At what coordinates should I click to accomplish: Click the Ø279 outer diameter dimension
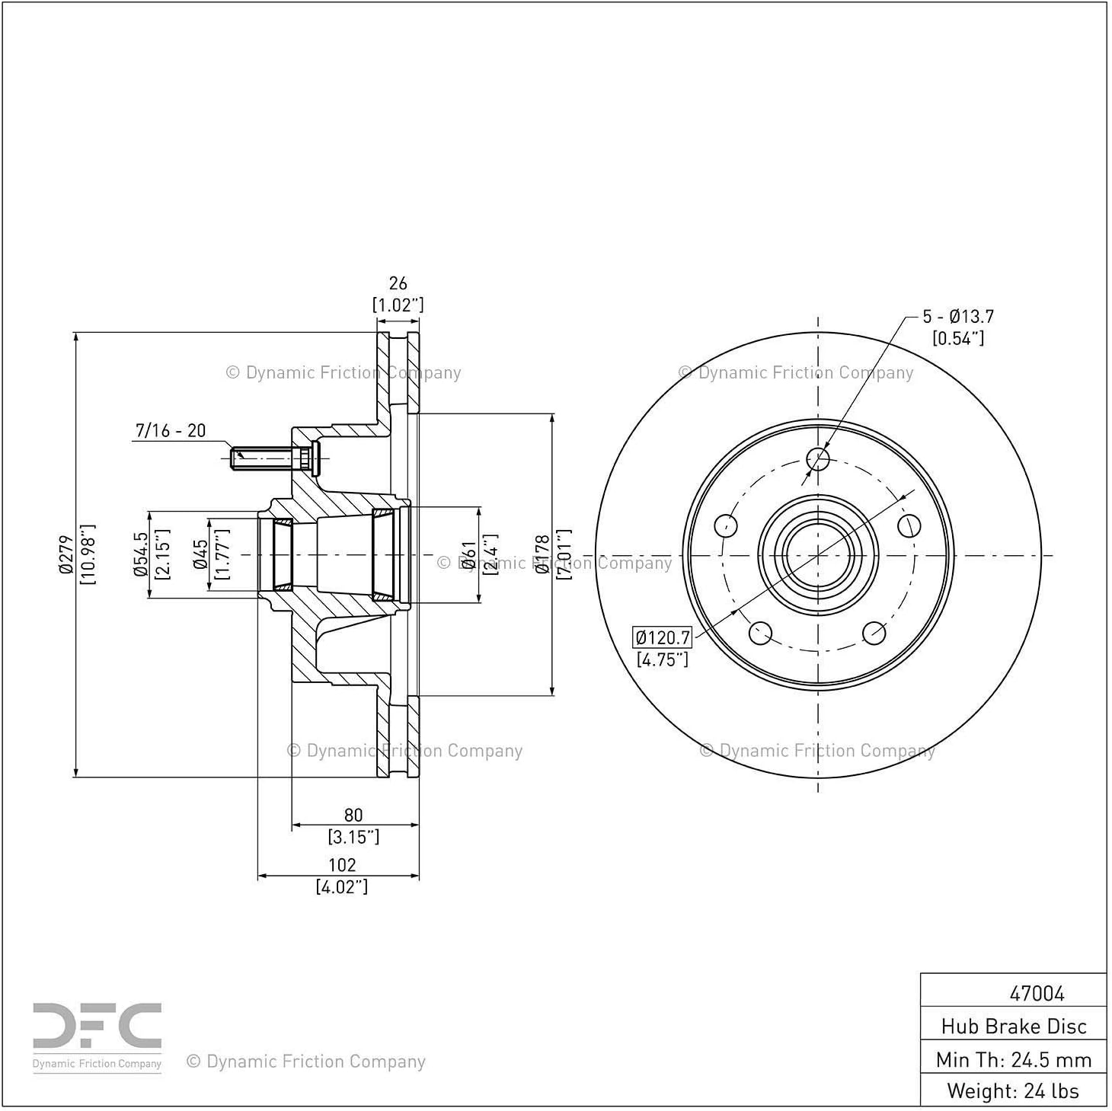66,554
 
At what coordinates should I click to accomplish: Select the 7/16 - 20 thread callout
171,430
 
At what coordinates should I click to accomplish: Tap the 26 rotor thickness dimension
398,283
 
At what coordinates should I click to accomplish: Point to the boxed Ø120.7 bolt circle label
663,638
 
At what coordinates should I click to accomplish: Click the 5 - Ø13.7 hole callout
958,316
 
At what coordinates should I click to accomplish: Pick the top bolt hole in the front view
818,459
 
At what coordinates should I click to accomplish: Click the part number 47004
1037,993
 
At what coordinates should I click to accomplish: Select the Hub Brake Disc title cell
1014,1026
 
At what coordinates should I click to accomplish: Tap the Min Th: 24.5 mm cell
1014,1060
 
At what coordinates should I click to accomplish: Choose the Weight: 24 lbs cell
1014,1091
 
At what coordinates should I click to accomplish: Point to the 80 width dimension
353,815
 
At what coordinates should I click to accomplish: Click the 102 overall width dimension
342,864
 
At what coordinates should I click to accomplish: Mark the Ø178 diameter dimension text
542,554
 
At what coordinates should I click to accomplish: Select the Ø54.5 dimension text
141,554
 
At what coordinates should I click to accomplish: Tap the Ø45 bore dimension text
200,554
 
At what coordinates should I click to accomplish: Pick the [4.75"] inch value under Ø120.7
663,659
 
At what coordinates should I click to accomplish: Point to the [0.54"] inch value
958,338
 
